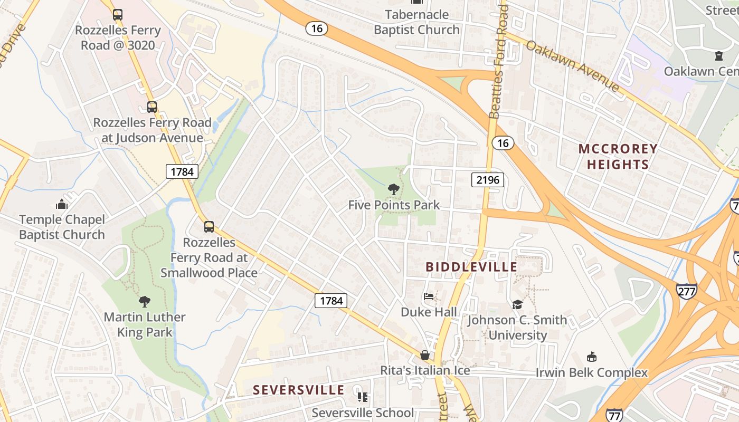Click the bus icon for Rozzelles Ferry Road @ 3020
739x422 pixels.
(118, 15)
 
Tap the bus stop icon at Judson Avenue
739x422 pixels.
(152, 107)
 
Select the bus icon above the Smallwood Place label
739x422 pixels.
(209, 227)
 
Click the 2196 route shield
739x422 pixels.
(487, 180)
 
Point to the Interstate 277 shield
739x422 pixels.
(686, 291)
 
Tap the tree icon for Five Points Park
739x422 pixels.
(393, 189)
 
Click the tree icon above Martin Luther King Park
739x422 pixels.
(144, 302)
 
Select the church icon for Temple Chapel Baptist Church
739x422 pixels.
(62, 204)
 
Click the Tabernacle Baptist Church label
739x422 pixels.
(416, 22)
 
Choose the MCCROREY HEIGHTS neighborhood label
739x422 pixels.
(618, 157)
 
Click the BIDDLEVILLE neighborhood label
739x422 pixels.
(471, 267)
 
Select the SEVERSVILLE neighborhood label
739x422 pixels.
(298, 390)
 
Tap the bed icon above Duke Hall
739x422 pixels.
(429, 296)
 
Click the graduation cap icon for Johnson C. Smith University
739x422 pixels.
(517, 305)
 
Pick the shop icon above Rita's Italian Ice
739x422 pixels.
(425, 355)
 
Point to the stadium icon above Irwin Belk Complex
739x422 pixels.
(591, 357)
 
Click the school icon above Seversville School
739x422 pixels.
(362, 397)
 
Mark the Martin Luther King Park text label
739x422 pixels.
(144, 324)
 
